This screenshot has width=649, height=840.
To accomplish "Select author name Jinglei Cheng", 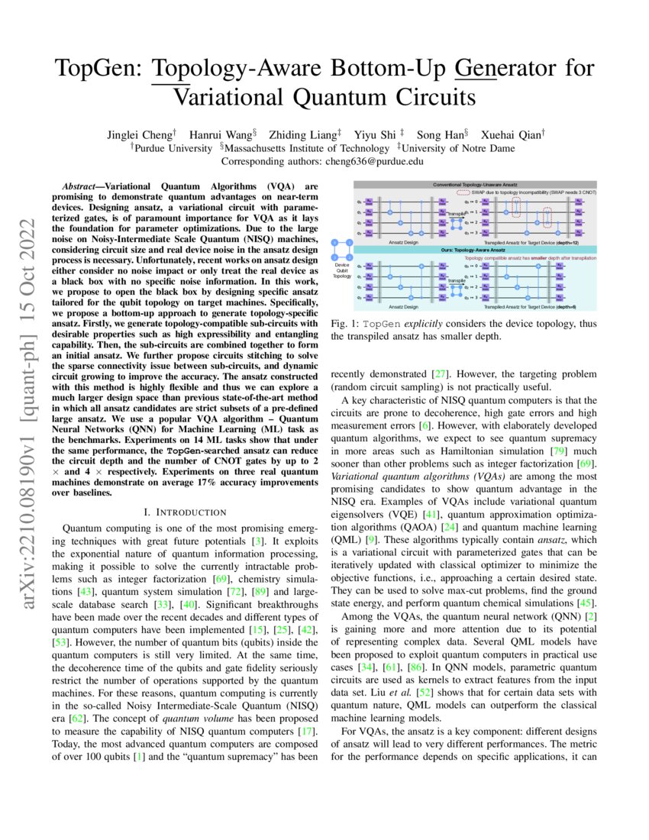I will [144, 134].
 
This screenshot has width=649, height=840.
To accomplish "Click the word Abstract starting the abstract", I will [82, 186].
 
